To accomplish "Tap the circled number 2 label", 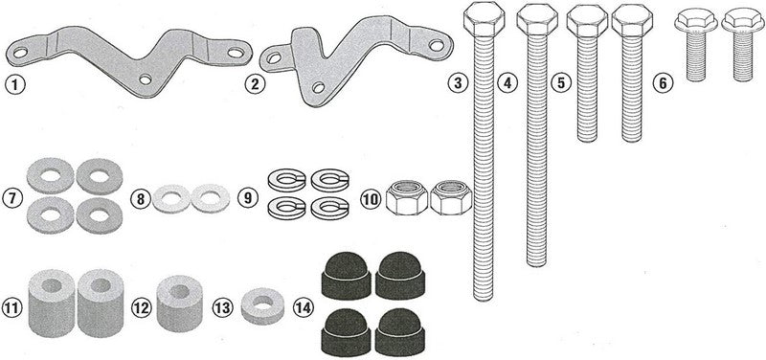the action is (x=255, y=84).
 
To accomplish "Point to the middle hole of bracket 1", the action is (x=146, y=79).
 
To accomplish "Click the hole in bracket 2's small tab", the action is (x=275, y=58).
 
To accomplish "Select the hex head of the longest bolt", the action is (x=484, y=19).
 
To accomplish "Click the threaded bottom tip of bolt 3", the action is (x=484, y=297).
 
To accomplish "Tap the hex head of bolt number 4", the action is (x=537, y=20).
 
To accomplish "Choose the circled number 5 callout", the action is (x=561, y=83).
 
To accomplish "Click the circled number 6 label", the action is (x=663, y=83).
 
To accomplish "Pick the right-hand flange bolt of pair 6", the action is (x=743, y=45).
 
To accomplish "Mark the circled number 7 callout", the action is (x=12, y=199).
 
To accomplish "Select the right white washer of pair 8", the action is (x=210, y=198).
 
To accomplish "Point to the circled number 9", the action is (x=248, y=199).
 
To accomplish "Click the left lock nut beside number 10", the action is (x=406, y=197).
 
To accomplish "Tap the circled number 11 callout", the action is (x=12, y=308).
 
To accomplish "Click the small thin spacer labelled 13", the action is (x=262, y=305).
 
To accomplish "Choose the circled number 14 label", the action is (x=304, y=308).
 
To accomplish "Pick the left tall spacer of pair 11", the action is (x=52, y=304).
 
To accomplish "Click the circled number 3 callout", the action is (x=458, y=83).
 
